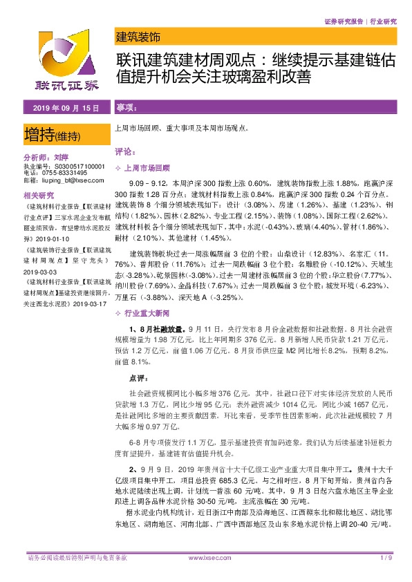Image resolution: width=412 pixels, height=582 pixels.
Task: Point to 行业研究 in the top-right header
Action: [x=382, y=22]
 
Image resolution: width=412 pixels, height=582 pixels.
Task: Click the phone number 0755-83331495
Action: [x=64, y=173]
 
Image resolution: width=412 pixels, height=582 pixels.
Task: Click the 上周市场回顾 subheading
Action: [x=147, y=168]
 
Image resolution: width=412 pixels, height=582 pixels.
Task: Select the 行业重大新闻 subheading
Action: [x=147, y=295]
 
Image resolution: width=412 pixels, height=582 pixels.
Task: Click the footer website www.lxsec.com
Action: [x=205, y=557]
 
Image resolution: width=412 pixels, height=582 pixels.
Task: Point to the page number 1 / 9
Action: [x=386, y=557]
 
